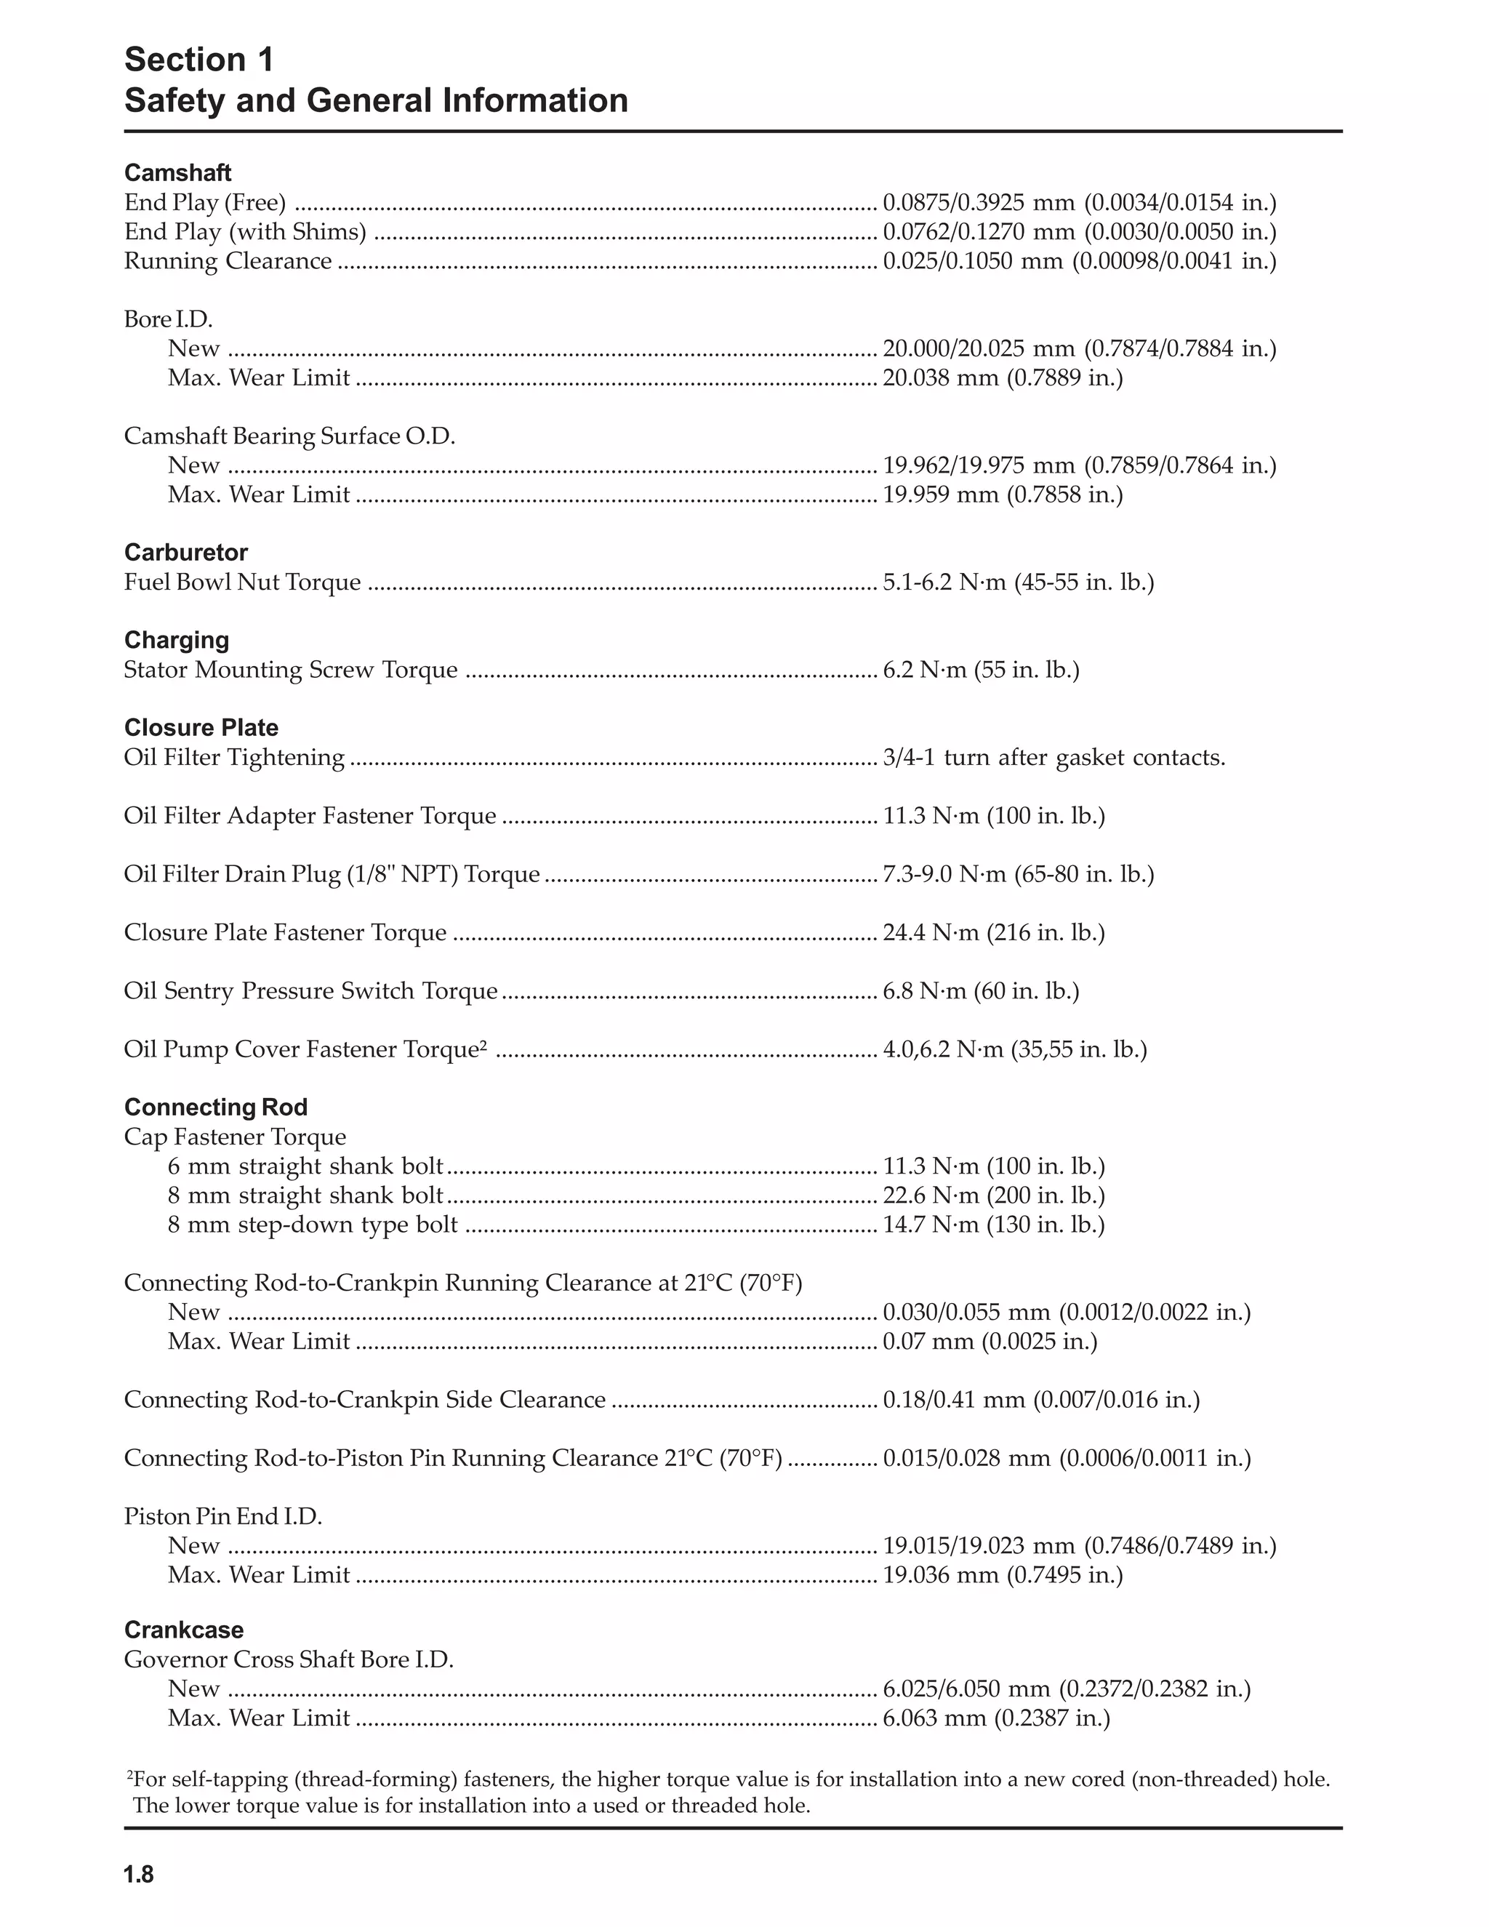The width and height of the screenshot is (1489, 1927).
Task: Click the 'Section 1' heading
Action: (x=199, y=60)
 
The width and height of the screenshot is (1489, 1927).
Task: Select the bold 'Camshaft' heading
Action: (x=177, y=173)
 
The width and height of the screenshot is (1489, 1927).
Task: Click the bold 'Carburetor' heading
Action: (x=185, y=553)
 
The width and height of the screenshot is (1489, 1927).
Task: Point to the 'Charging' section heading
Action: (x=177, y=640)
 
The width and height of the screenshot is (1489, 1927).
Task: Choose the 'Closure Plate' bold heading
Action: (x=201, y=728)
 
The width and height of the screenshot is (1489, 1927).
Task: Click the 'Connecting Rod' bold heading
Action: (x=215, y=1107)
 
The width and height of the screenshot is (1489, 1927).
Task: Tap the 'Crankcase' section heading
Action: (x=183, y=1630)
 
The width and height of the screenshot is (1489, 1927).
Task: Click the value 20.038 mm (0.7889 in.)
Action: (x=1002, y=377)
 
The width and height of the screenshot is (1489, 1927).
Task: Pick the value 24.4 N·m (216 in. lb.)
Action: (x=993, y=933)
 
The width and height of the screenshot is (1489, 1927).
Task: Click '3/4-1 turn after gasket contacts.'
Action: (x=1053, y=758)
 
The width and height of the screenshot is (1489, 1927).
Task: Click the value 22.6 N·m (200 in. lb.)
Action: (x=993, y=1195)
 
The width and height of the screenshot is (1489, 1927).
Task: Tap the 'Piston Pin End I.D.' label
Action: (x=222, y=1517)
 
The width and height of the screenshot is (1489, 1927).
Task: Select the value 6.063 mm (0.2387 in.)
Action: (x=996, y=1718)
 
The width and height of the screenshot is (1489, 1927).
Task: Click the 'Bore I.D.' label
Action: (x=168, y=319)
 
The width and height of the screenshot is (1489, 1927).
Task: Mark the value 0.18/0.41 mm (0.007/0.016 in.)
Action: (x=1041, y=1401)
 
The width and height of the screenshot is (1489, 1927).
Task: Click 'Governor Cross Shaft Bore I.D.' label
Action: (x=289, y=1659)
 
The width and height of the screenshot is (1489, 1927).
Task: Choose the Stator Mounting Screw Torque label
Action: (x=290, y=670)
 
